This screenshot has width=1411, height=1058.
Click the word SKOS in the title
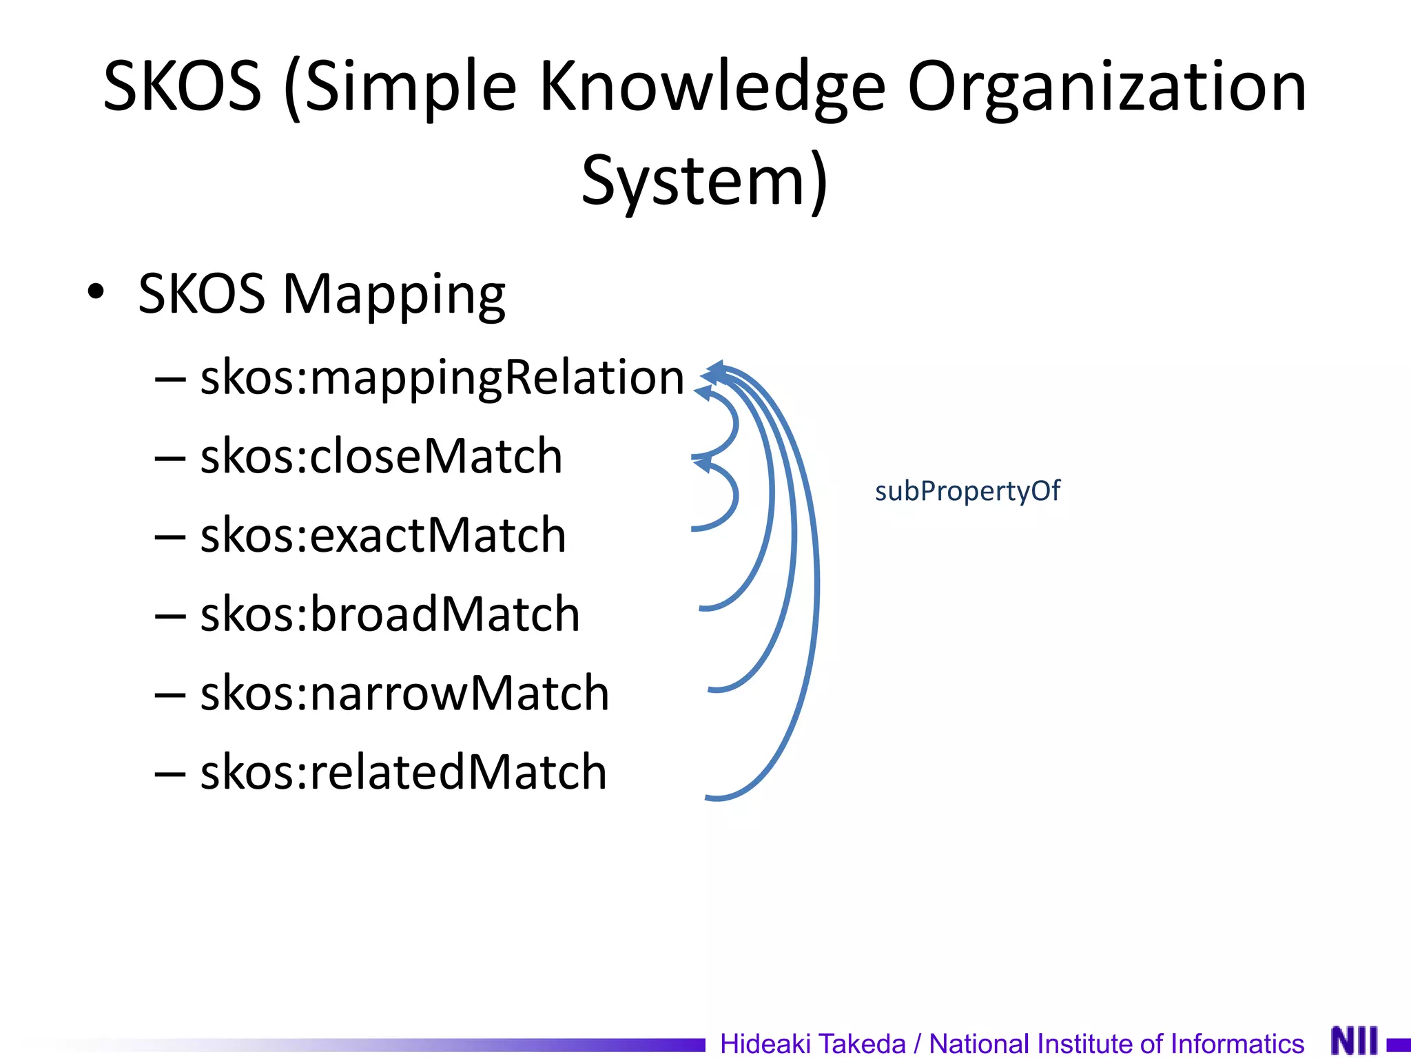(183, 86)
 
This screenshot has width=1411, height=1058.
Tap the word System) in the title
(704, 180)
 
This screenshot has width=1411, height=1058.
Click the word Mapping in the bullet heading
(394, 295)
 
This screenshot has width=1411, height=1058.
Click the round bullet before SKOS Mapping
(96, 291)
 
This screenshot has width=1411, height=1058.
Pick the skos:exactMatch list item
(383, 535)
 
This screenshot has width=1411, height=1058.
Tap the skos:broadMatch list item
(390, 614)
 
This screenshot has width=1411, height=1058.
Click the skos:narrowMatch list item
(404, 693)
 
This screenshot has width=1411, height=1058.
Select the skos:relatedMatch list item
(404, 771)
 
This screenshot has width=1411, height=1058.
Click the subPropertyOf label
(967, 491)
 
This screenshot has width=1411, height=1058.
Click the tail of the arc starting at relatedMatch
(710, 798)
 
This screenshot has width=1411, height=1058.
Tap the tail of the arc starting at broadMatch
(704, 608)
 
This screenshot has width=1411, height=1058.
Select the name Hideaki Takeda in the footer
(812, 1043)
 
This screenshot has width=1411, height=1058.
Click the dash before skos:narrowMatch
(170, 694)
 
